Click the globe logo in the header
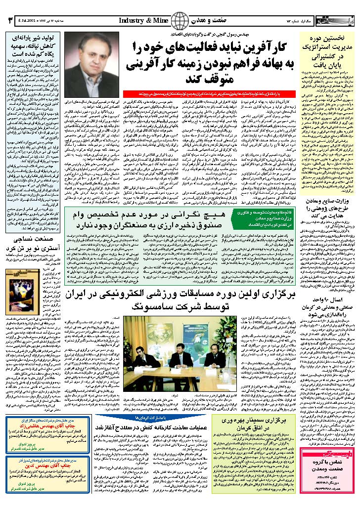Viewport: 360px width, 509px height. click(180, 21)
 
